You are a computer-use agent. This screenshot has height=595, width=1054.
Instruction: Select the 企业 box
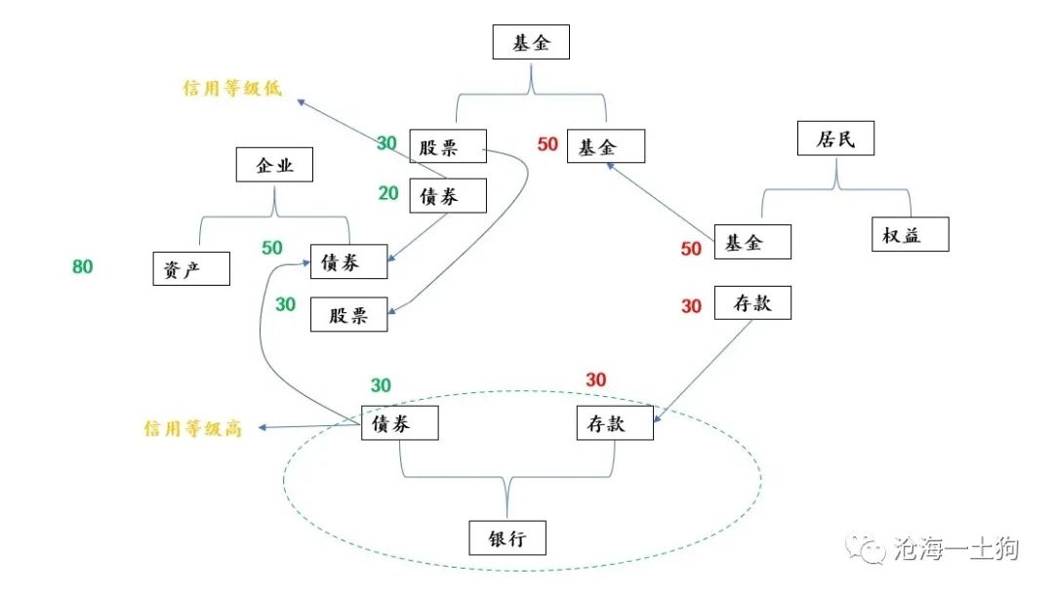pos(274,165)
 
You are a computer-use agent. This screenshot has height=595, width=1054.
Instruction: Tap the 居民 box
pos(835,139)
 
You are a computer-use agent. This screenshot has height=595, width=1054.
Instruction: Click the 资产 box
pos(191,268)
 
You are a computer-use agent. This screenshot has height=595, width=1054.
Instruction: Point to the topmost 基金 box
pos(531,43)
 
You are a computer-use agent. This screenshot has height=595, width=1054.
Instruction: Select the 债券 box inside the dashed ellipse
pos(400,423)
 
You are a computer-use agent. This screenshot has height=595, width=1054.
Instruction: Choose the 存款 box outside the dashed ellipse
pos(752,303)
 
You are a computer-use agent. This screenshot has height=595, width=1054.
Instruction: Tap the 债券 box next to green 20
pos(448,195)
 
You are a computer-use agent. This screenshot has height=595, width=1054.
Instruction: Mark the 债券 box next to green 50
pos(348,261)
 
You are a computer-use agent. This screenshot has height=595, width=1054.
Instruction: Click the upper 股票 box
pos(448,147)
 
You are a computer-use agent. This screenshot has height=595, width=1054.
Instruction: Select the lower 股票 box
pos(348,315)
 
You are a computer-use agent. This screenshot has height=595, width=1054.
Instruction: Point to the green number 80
pos(83,266)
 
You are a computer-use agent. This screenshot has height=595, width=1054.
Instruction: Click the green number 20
pos(388,193)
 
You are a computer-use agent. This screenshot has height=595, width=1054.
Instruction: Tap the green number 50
pos(272,248)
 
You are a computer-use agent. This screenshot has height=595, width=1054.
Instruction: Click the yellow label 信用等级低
pos(232,88)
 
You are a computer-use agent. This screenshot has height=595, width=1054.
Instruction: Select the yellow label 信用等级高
pos(192,428)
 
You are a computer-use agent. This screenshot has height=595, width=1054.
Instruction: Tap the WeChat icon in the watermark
pos(866,549)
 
